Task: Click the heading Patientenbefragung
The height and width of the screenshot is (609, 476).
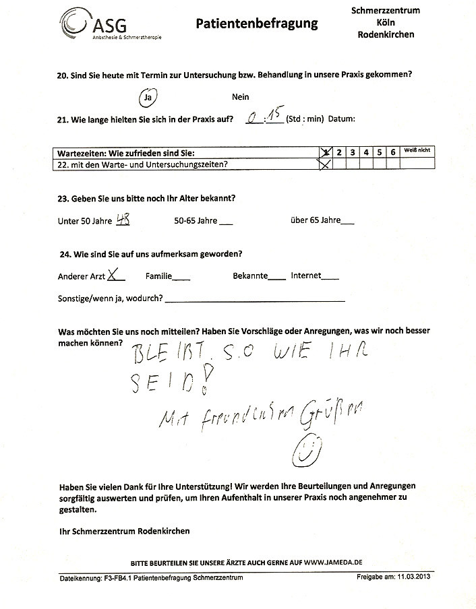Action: click(256, 24)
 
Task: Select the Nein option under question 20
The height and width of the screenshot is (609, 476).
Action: click(241, 97)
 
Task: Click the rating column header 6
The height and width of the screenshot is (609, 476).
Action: click(392, 152)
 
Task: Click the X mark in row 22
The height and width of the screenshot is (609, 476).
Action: click(324, 164)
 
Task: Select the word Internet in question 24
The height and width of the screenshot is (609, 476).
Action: click(305, 276)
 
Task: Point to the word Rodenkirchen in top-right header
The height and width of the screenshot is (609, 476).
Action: click(386, 34)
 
